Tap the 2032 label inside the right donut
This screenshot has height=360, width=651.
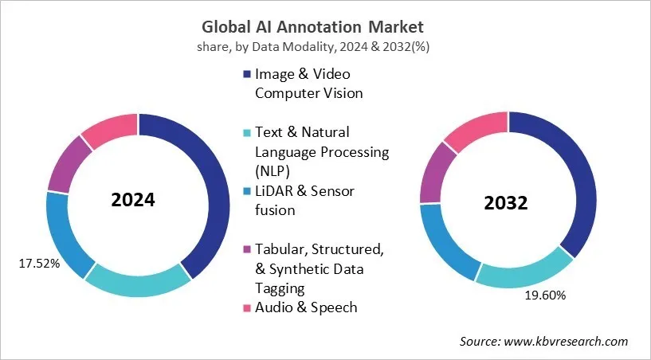coord(506,203)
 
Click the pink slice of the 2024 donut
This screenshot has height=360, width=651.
coord(110,129)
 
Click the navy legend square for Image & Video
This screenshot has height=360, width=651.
coord(248,74)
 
